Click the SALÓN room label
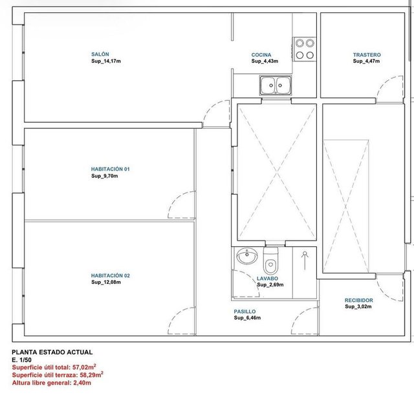click(100, 54)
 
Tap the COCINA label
click(261, 55)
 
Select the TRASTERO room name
click(367, 55)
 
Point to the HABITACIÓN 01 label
click(111, 169)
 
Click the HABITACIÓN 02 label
click(111, 275)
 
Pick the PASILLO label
click(245, 312)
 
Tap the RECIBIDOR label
click(358, 300)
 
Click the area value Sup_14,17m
click(106, 61)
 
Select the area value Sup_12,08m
click(106, 282)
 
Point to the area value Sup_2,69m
click(270, 285)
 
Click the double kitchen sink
click(276, 85)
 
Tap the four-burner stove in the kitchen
click(305, 49)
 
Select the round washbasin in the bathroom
click(247, 256)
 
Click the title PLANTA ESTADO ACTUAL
click(52, 352)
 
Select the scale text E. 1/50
click(21, 360)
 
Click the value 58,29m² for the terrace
click(91, 375)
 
